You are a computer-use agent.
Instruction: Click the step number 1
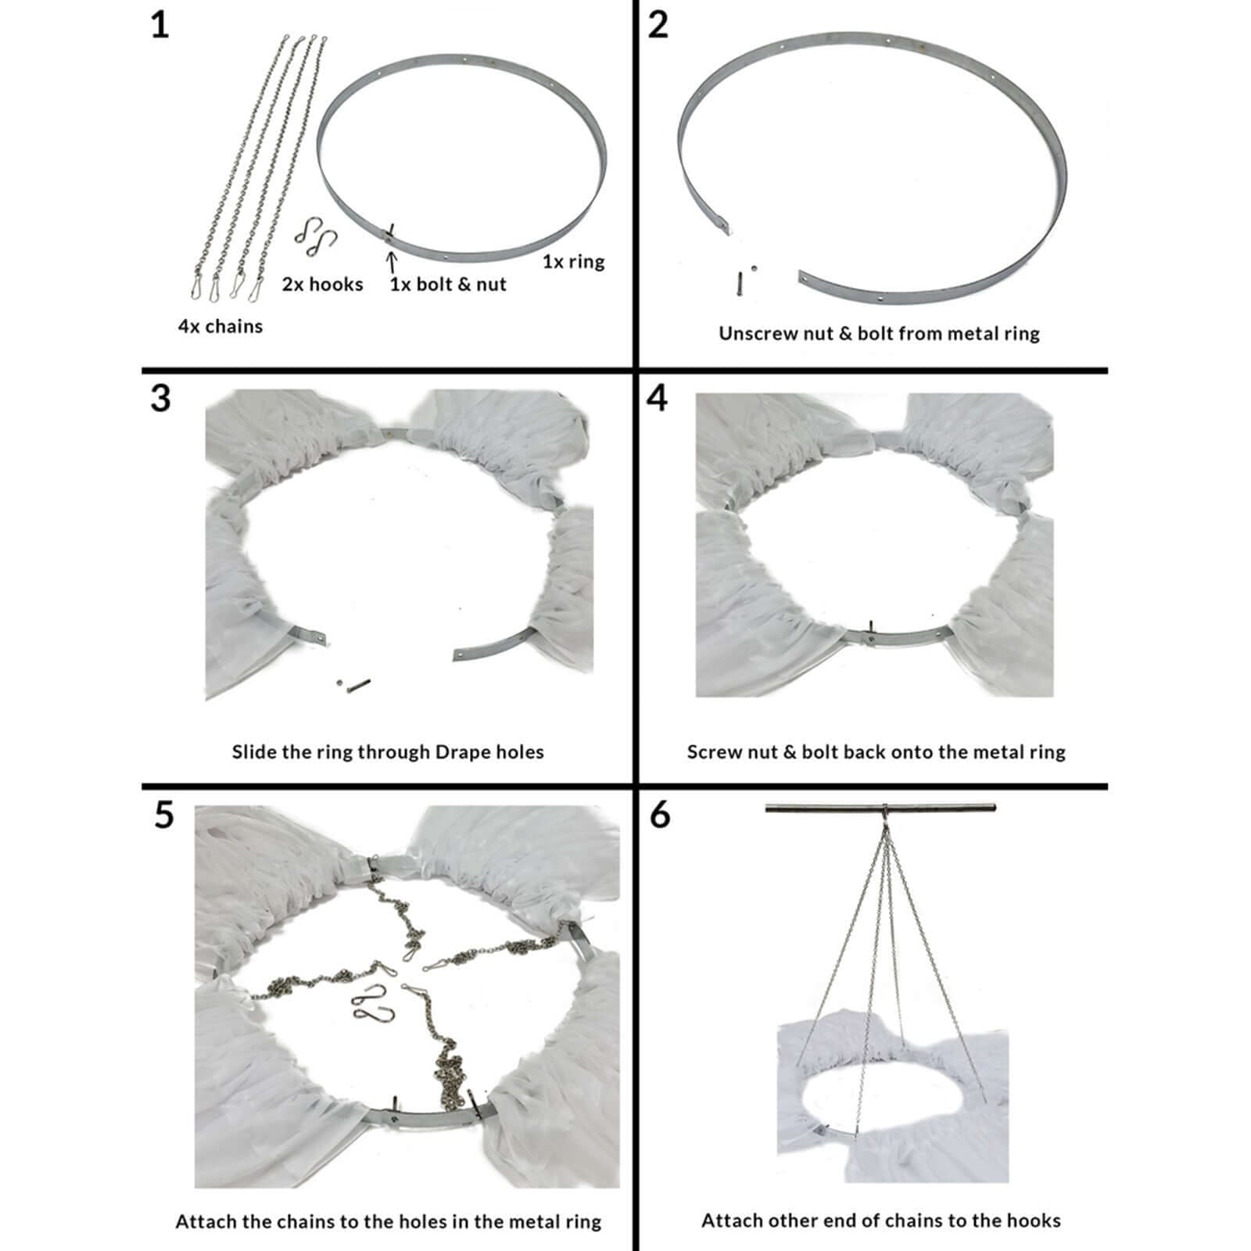point(160,25)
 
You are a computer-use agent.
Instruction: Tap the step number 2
point(658,25)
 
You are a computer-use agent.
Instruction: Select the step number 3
point(160,398)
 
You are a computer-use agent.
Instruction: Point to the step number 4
point(658,398)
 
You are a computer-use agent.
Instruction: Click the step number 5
point(163,815)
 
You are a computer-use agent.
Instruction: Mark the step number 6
point(660,815)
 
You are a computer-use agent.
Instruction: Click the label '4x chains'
point(220,326)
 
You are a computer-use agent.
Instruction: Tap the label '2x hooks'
point(322,285)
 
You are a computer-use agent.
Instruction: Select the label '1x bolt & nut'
point(448,285)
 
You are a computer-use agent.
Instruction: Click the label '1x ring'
point(574,261)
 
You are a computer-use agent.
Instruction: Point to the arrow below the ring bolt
point(392,261)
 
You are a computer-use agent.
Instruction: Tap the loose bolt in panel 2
point(738,283)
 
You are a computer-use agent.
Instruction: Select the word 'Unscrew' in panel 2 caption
point(751,334)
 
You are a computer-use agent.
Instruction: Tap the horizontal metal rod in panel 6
point(880,808)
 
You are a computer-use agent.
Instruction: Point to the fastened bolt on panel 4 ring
point(870,632)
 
